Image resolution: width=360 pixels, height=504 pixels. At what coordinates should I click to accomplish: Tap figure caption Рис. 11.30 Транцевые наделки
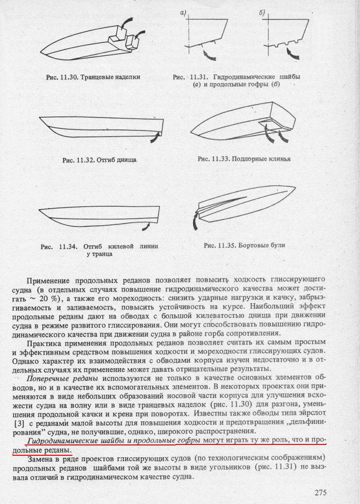point(93,77)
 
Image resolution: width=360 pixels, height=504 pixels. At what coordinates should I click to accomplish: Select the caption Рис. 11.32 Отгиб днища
point(99,160)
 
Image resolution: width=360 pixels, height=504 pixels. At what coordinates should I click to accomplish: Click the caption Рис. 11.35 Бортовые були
point(244,245)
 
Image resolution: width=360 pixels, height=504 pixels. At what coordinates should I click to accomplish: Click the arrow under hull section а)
point(209,51)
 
